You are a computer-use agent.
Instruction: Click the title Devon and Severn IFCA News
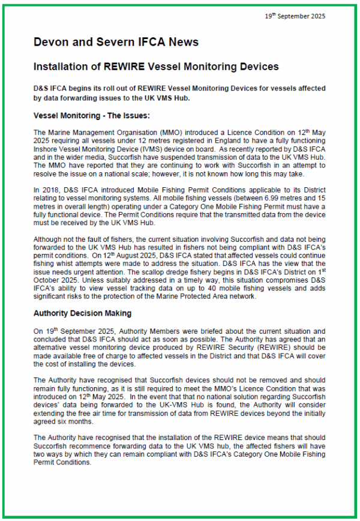tap(115, 42)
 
